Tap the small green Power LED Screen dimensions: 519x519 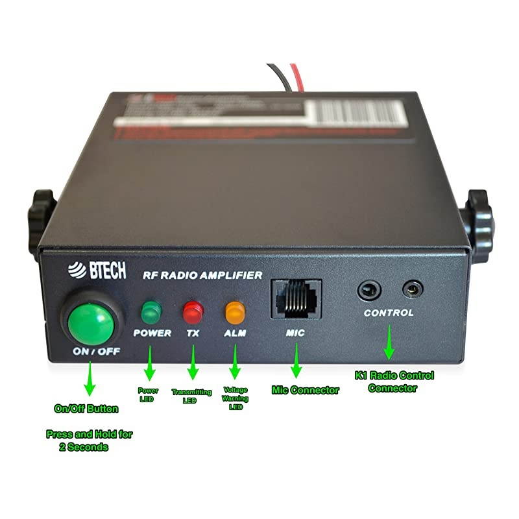coord(151,312)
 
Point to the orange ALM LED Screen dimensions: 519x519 coord(234,313)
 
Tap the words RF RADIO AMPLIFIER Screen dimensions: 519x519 coord(202,275)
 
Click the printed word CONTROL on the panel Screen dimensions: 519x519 coord(389,313)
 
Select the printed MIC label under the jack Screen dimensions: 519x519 coord(295,333)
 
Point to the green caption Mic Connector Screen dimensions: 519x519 coord(304,390)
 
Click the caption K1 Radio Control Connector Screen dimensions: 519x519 coord(394,381)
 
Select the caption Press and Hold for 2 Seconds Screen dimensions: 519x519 coord(89,441)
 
